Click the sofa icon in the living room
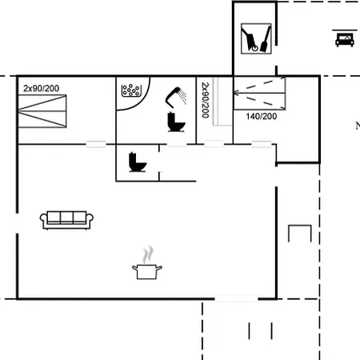66,220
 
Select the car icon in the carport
345,39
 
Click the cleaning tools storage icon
256,38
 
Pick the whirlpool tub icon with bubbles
131,90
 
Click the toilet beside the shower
176,122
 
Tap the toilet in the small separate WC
138,162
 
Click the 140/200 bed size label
262,116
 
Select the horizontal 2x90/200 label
41,88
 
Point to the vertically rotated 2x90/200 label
205,100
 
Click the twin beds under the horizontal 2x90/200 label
42,111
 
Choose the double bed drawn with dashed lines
259,93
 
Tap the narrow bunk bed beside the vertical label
222,102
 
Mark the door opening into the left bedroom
96,144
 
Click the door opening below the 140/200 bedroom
262,144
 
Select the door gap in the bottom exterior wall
236,298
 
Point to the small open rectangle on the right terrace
300,226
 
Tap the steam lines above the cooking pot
148,254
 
